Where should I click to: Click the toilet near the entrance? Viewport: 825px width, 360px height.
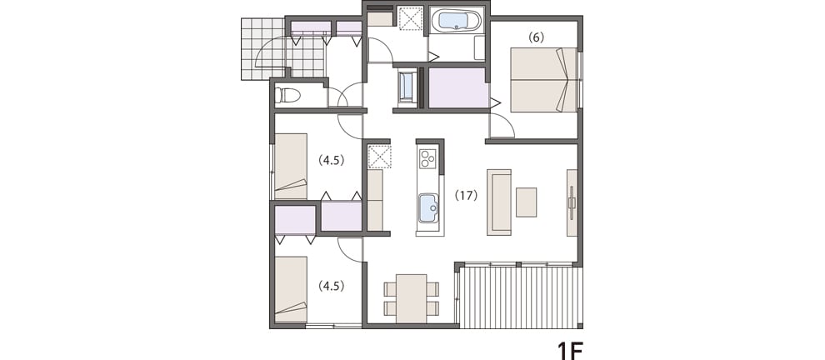287,95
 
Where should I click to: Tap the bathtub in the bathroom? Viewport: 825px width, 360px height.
456,21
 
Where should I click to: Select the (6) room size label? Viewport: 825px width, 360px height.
536,37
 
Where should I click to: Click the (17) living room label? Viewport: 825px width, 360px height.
466,195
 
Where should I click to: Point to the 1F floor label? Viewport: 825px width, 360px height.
570,350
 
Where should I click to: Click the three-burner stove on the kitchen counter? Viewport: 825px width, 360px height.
427,158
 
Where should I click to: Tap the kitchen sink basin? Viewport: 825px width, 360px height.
428,208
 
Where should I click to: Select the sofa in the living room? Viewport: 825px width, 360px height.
499,202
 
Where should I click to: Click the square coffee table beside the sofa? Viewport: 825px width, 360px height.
526,202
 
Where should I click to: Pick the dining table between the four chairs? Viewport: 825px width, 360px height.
412,298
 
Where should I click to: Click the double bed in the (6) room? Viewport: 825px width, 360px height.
544,80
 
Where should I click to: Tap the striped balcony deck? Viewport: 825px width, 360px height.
522,297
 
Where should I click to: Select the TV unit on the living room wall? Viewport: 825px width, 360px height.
572,202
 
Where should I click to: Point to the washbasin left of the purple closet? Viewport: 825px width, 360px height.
407,87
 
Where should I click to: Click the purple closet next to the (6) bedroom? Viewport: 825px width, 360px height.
458,87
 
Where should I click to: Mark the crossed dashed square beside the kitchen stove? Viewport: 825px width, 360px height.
379,157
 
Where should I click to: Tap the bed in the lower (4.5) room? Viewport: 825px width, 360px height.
291,289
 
